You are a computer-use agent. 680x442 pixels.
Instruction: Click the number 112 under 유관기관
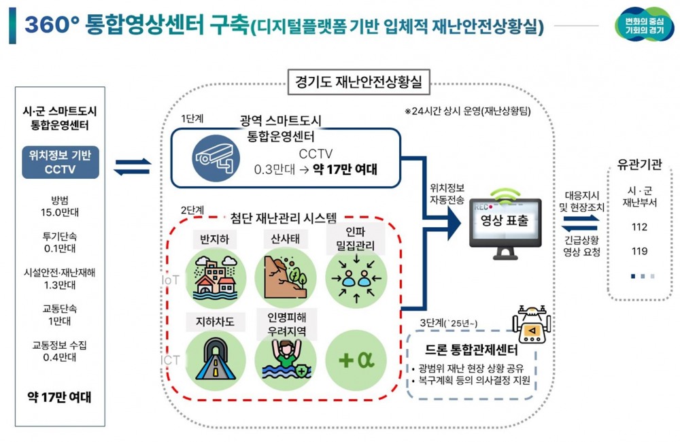click(639, 227)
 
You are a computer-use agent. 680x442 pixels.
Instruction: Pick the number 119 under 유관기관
click(639, 252)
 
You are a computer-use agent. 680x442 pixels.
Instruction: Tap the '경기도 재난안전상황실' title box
click(358, 82)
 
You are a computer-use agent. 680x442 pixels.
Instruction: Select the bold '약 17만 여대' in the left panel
click(59, 397)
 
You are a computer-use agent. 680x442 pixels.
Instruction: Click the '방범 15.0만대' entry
click(59, 205)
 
